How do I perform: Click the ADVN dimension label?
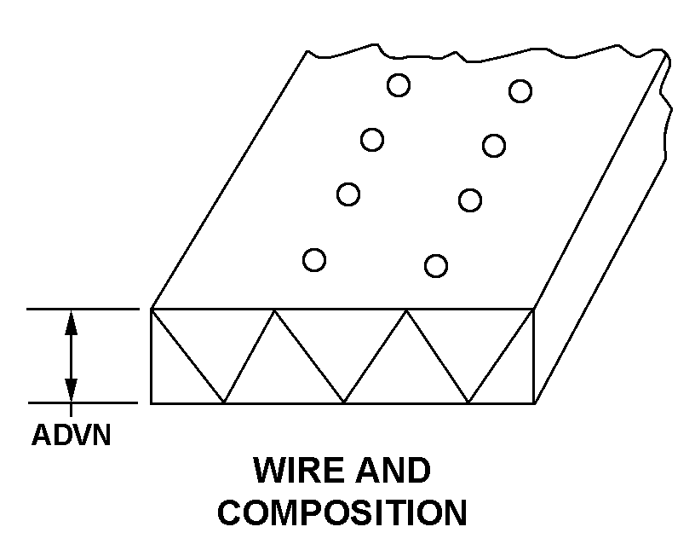(x=71, y=435)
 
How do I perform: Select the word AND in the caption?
(x=393, y=470)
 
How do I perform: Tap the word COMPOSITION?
(x=342, y=512)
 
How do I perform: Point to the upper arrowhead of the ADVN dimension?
(x=71, y=322)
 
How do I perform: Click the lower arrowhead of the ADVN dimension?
(x=71, y=391)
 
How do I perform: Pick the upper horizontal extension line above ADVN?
(x=83, y=309)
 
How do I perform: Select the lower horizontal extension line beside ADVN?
(x=83, y=403)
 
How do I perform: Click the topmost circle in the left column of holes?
(x=399, y=85)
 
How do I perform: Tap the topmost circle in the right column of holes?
(x=520, y=91)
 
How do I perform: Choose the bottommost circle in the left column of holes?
(x=314, y=260)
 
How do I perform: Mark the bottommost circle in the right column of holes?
(x=436, y=266)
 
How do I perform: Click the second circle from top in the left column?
(x=372, y=140)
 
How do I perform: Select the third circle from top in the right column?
(x=470, y=200)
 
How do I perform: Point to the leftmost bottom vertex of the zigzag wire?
(x=223, y=402)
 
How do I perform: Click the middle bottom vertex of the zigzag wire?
(x=344, y=402)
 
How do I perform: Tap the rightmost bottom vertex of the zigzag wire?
(x=468, y=402)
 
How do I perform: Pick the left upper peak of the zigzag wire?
(x=274, y=310)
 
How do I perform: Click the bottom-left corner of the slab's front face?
(x=151, y=403)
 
